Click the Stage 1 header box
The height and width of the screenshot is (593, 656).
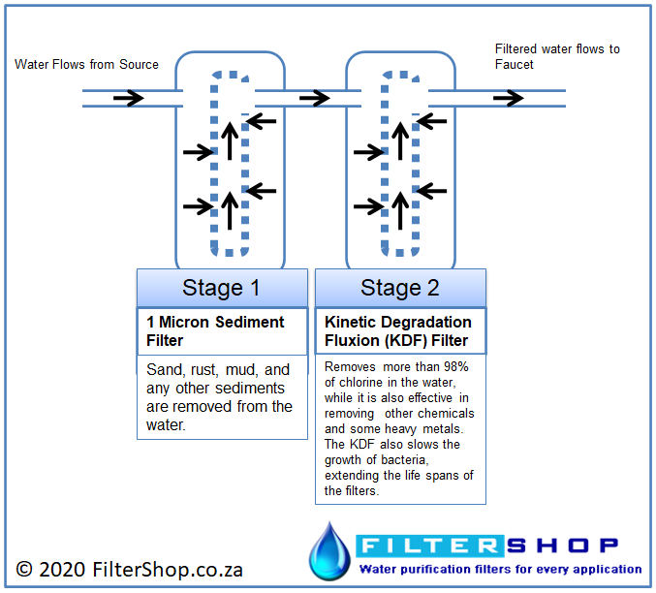coord(222,288)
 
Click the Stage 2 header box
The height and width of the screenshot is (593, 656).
coord(400,288)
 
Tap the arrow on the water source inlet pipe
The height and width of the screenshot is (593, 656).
coord(129,98)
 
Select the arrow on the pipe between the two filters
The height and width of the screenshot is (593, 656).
coord(315,98)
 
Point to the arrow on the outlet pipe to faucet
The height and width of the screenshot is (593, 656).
coord(509,98)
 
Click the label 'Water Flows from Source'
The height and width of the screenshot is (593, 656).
coord(86,65)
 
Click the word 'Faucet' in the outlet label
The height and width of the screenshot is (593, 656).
coord(515,65)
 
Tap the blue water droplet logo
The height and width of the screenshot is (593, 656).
coord(329,551)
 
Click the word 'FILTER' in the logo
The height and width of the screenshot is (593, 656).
coord(429,546)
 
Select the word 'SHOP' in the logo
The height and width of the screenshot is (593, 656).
coord(562,546)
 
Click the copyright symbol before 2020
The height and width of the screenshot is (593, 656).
coord(24,570)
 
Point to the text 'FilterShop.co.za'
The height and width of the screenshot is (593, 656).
coord(168,570)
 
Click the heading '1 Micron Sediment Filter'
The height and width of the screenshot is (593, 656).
coord(215,331)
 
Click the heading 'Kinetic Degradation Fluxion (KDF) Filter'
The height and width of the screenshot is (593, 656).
coord(398,331)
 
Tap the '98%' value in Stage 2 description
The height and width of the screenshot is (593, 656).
coord(456,366)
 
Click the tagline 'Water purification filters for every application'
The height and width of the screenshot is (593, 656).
coord(500,569)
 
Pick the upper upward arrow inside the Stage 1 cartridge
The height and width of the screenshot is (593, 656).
coord(230,141)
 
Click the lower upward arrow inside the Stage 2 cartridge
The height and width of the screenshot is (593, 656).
coord(400,210)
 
